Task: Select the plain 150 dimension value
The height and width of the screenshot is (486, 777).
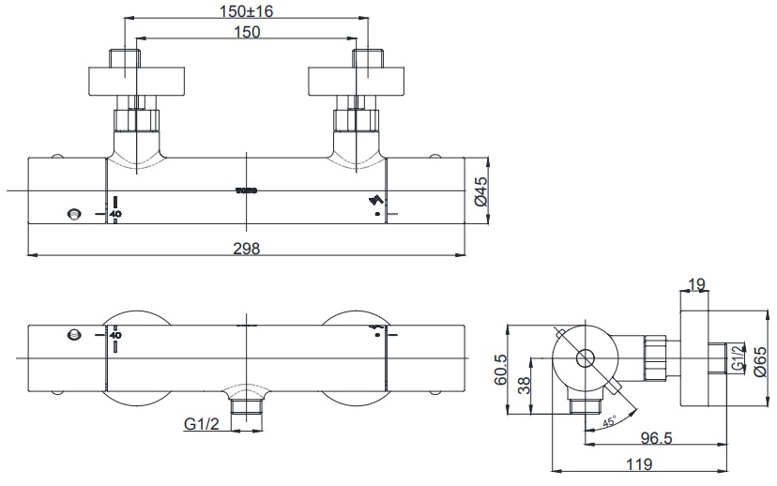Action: pyautogui.click(x=247, y=31)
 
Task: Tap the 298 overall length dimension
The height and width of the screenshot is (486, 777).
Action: pyautogui.click(x=247, y=248)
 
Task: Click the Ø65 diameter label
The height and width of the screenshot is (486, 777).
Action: pyautogui.click(x=760, y=358)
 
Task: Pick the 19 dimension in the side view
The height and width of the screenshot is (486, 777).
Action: pyautogui.click(x=695, y=283)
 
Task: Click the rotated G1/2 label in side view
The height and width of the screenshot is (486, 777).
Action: pyautogui.click(x=739, y=358)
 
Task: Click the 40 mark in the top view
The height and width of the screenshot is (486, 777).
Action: pyautogui.click(x=115, y=213)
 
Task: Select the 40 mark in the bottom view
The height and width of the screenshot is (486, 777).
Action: pyautogui.click(x=115, y=334)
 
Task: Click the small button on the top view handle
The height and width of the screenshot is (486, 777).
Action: pyautogui.click(x=75, y=214)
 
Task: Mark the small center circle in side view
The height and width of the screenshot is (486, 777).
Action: pyautogui.click(x=585, y=357)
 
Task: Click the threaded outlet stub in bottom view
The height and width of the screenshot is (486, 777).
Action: pyautogui.click(x=247, y=407)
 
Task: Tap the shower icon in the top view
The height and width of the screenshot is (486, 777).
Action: pyautogui.click(x=377, y=200)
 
